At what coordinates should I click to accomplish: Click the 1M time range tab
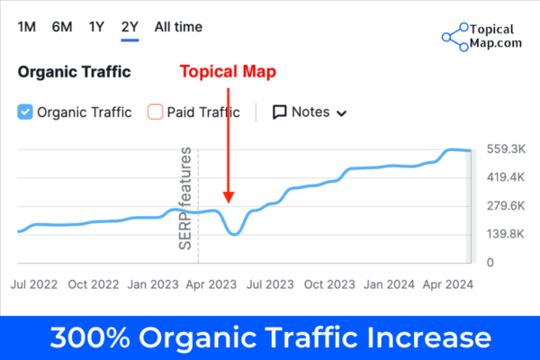click(27, 26)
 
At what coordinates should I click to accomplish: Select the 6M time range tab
click(62, 26)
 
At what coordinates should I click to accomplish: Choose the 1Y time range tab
click(96, 26)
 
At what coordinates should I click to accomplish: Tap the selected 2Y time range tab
click(130, 26)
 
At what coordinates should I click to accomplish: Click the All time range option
click(178, 26)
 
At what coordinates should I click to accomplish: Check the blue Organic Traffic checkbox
click(25, 112)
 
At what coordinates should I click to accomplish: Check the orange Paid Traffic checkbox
click(155, 112)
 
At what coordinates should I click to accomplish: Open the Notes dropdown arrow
click(341, 113)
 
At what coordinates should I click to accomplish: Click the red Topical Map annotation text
click(227, 72)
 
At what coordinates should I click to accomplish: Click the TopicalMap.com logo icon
click(455, 36)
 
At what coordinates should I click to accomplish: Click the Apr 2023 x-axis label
click(209, 283)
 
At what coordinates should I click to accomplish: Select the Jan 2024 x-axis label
click(388, 283)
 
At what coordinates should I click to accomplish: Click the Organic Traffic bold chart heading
click(75, 72)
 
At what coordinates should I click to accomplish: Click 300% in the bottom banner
click(91, 338)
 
